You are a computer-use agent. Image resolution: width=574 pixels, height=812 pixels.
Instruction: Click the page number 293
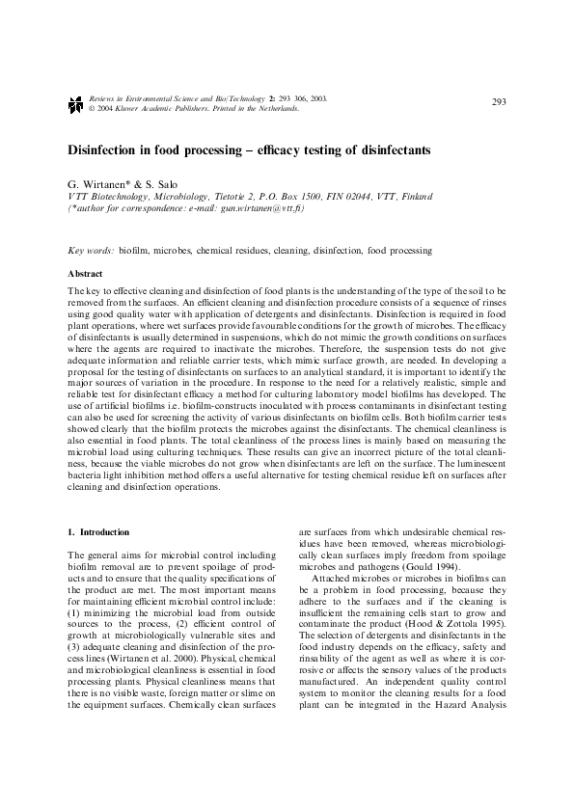coord(499,102)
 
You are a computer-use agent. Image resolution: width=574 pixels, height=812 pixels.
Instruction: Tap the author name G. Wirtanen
coord(98,184)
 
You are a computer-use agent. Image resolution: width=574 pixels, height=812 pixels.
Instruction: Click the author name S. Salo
coord(158,184)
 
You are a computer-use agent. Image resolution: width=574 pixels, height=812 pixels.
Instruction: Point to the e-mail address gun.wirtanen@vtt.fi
coord(271,207)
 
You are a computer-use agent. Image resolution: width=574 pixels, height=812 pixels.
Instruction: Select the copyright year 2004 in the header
coord(99,109)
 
